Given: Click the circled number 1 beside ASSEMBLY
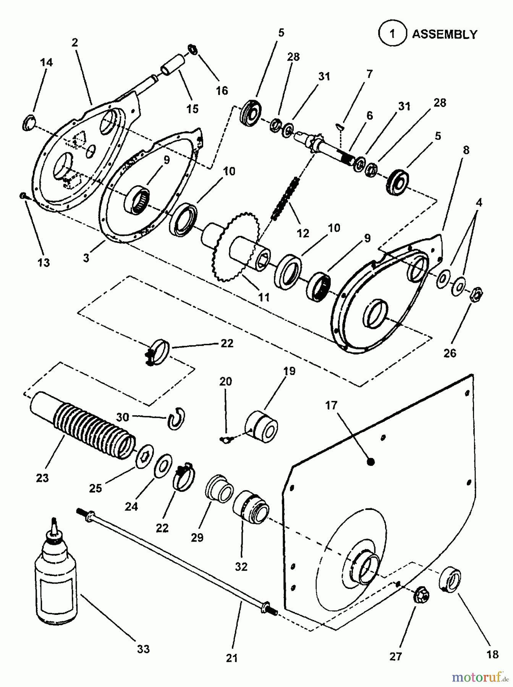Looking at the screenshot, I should [392, 34].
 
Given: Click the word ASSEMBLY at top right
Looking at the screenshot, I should [445, 34].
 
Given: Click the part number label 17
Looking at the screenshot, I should [331, 405].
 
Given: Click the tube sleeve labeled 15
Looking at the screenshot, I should [173, 65].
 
